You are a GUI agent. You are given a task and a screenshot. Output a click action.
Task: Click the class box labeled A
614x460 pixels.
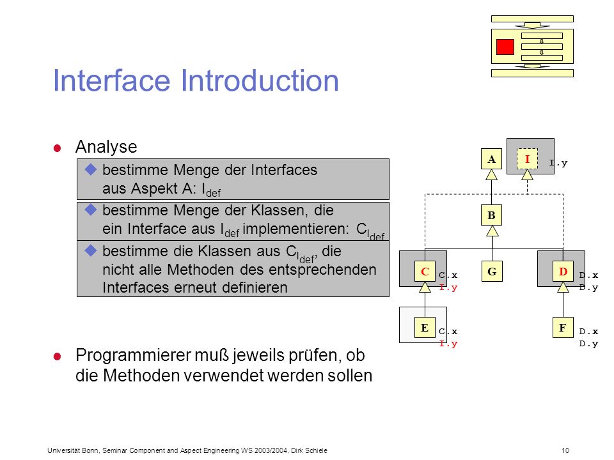tap(491, 159)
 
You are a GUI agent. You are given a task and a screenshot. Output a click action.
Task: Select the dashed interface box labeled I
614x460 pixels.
tap(527, 159)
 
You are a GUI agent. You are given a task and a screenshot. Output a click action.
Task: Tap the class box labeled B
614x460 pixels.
tap(491, 215)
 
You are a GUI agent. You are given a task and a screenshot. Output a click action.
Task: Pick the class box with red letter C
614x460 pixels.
tap(425, 271)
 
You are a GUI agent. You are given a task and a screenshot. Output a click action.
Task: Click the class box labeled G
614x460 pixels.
tap(492, 271)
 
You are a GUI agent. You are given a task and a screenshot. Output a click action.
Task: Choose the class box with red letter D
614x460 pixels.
tap(563, 271)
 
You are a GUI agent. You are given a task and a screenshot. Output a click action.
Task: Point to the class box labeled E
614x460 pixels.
tap(425, 327)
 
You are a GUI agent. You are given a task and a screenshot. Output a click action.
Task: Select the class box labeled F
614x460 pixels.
tap(563, 327)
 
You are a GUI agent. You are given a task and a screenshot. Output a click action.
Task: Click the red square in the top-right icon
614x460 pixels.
tap(505, 47)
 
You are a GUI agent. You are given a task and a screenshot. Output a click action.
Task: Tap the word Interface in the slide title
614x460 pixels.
tap(111, 80)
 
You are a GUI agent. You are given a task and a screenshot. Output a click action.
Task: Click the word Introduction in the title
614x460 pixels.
tap(260, 80)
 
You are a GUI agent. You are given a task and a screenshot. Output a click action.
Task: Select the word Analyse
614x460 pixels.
tap(106, 147)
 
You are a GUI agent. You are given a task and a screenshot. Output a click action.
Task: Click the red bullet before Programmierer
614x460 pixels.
tap(57, 356)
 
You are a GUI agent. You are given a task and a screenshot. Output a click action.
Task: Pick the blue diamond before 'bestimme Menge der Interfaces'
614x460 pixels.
tap(91, 169)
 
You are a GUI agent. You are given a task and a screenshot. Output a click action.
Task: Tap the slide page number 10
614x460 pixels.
tap(565, 450)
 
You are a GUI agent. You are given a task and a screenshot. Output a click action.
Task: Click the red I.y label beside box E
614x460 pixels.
tap(448, 344)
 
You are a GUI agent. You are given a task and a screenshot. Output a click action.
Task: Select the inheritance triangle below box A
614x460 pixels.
tap(491, 174)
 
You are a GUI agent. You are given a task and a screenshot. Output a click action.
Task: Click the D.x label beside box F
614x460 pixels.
tap(588, 332)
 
